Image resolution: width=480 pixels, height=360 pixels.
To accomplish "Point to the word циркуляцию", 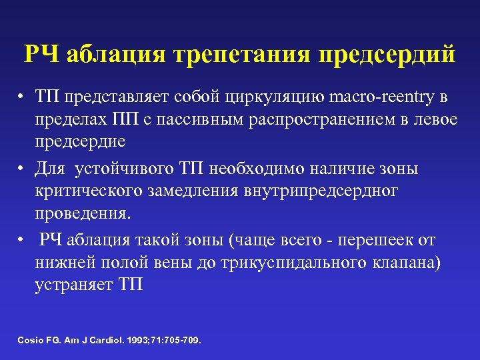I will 283,98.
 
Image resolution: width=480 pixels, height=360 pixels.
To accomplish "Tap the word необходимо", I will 275,169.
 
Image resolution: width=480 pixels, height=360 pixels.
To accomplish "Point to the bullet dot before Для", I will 21,169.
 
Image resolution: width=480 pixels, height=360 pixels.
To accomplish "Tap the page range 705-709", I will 180,341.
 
